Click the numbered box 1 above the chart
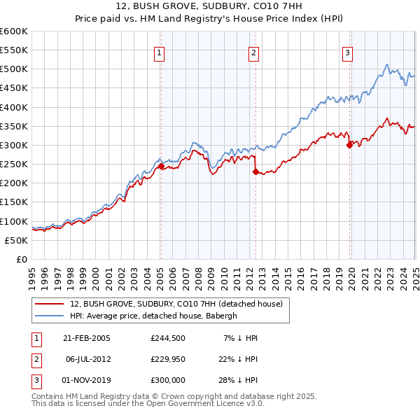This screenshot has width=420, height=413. tap(160, 52)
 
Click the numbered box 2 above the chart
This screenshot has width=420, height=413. tap(253, 52)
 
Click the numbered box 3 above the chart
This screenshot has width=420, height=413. tap(347, 52)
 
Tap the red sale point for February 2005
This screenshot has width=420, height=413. tap(160, 167)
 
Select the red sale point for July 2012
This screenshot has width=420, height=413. tap(255, 171)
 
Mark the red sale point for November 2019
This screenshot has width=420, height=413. tap(349, 146)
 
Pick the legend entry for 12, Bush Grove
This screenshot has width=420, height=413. tap(176, 304)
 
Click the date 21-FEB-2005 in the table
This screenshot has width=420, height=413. tap(87, 338)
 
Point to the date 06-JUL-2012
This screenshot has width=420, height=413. tap(87, 358)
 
